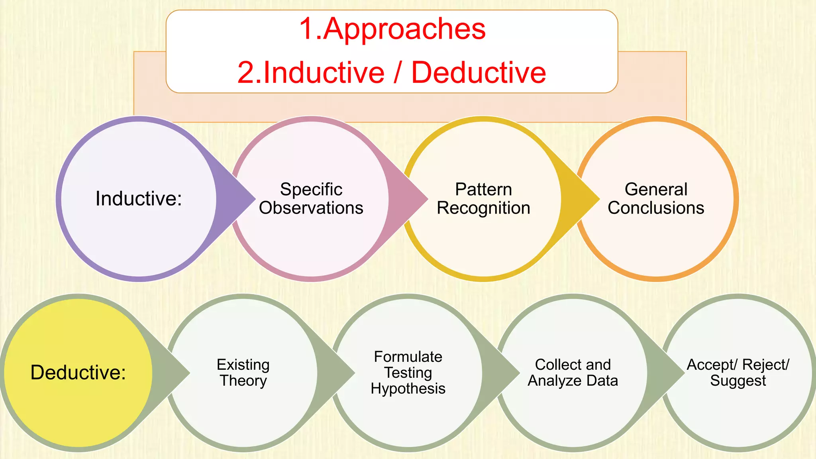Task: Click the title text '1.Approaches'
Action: tap(392, 29)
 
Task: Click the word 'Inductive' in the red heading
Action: tap(324, 73)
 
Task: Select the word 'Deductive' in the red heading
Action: tap(479, 73)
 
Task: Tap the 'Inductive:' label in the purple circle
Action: tap(139, 198)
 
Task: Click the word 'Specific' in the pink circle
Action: tap(311, 189)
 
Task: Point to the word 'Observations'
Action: tap(311, 208)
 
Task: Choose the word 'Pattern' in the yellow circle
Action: tap(483, 189)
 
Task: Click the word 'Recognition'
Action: tap(483, 208)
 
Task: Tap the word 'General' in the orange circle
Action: tap(656, 189)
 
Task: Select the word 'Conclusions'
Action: tap(656, 208)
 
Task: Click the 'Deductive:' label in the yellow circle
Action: tap(78, 373)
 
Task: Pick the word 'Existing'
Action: tap(243, 365)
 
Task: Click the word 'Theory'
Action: tap(243, 381)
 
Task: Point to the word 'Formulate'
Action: tap(408, 357)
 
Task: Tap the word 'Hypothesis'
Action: tap(408, 389)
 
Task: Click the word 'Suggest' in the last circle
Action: tap(738, 381)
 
